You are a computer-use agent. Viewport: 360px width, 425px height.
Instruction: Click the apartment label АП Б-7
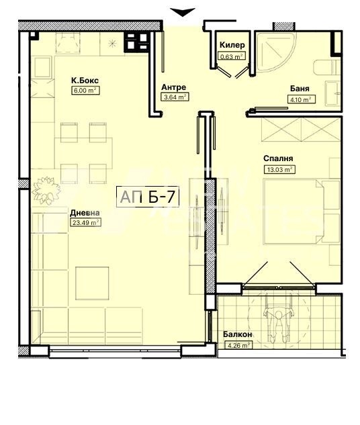tap(148, 197)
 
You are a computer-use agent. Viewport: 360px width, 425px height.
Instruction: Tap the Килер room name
tap(232, 45)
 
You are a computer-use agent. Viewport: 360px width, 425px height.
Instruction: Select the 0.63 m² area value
tap(232, 56)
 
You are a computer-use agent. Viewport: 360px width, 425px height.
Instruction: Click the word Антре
tap(174, 87)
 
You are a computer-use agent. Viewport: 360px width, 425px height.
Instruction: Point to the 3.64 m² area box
tap(175, 97)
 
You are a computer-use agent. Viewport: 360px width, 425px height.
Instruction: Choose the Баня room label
tap(300, 89)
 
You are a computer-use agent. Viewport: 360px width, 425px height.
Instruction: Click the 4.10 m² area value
tap(301, 99)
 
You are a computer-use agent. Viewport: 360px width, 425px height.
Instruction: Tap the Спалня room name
tap(278, 158)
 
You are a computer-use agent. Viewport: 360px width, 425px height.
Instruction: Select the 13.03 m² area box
tap(279, 170)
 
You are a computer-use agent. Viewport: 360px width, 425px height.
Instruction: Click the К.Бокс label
tap(85, 81)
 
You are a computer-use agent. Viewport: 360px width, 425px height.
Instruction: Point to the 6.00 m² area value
tap(85, 90)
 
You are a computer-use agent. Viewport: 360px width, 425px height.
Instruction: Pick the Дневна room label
tap(85, 213)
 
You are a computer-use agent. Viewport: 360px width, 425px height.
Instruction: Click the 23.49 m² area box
tap(85, 222)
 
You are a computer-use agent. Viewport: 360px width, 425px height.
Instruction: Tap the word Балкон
tap(238, 334)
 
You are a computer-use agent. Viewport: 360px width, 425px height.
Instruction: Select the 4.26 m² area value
tap(238, 346)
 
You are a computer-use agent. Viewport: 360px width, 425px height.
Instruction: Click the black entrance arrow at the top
tap(183, 12)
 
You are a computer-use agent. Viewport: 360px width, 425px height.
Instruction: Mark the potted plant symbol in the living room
tap(46, 190)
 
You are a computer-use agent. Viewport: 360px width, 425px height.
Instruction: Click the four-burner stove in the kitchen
tap(136, 42)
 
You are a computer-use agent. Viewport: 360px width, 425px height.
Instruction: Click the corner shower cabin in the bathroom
tap(275, 52)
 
